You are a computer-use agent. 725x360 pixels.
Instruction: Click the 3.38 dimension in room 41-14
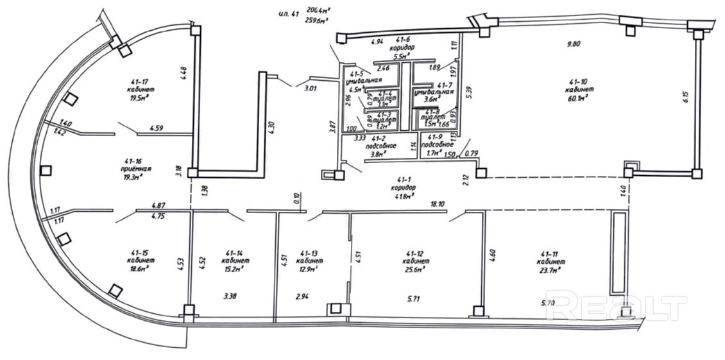coord(230,296)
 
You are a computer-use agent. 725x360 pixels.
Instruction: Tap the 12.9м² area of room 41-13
coord(309,270)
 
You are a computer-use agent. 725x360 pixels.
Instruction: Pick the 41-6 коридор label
coord(402,44)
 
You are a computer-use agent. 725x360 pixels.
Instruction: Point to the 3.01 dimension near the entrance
coord(311,88)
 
